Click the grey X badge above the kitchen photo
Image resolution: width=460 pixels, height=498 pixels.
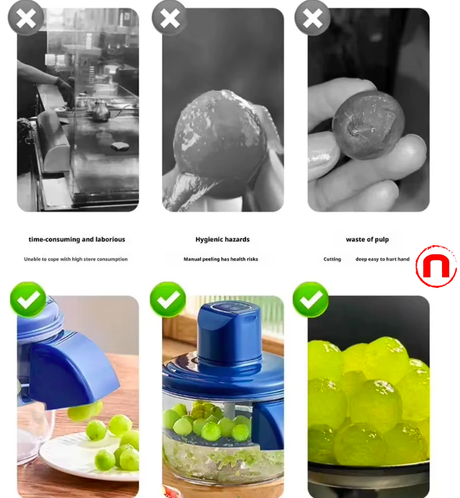[x=26, y=18]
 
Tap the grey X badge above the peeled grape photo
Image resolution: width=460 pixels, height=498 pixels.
[x=170, y=18]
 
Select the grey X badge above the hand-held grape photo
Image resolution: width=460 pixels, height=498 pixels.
[x=313, y=18]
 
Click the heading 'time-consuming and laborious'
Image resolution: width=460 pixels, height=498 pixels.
[x=77, y=240]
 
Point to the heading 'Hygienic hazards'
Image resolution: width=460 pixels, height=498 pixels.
[x=223, y=240]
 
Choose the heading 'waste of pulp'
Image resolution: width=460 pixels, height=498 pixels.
[x=368, y=240]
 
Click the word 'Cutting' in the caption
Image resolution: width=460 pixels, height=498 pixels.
[x=332, y=259]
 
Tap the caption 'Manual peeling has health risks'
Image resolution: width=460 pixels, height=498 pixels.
[x=221, y=259]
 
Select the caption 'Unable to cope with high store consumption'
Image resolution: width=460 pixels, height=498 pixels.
[x=76, y=259]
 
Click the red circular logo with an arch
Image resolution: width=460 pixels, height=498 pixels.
[x=436, y=266]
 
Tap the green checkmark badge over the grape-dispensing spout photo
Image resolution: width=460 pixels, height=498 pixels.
[x=28, y=299]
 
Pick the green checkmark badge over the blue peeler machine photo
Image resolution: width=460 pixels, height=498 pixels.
[x=168, y=299]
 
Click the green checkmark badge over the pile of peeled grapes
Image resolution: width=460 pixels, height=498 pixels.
[x=310, y=299]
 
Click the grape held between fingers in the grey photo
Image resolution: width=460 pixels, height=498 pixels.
[x=368, y=124]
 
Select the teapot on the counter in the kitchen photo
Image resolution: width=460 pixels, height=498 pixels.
[x=98, y=110]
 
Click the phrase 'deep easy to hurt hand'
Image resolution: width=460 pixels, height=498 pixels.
[x=382, y=259]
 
